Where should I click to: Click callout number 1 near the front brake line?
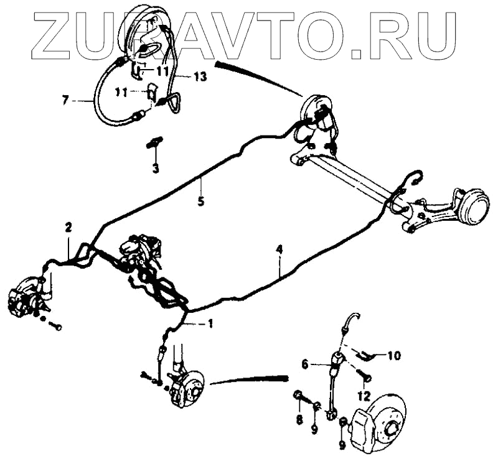[210, 323]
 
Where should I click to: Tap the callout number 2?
[68, 228]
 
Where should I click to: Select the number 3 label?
[155, 168]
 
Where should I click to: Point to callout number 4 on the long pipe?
[280, 250]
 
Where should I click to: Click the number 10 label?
[393, 356]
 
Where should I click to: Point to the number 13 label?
[200, 77]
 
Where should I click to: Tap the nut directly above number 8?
[298, 396]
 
